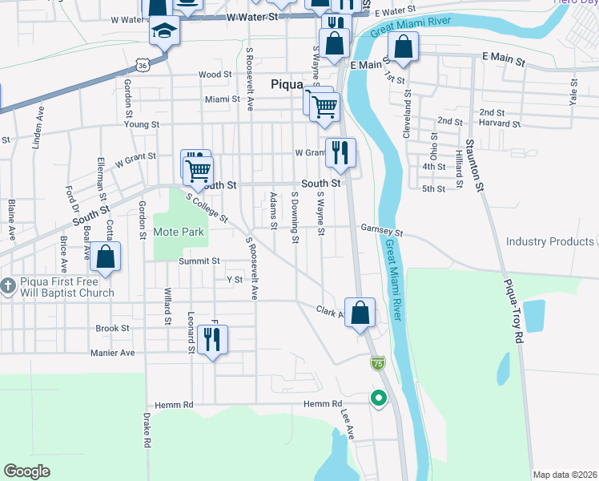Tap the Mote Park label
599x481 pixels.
pyautogui.click(x=179, y=232)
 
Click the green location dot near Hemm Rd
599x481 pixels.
pyautogui.click(x=377, y=396)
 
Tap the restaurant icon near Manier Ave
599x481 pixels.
pyautogui.click(x=212, y=339)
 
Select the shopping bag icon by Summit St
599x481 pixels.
pyautogui.click(x=105, y=257)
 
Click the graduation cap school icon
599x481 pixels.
pyautogui.click(x=164, y=30)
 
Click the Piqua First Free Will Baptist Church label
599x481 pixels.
pyautogui.click(x=59, y=288)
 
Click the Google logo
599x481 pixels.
pyautogui.click(x=27, y=471)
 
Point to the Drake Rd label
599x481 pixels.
pyautogui.click(x=147, y=430)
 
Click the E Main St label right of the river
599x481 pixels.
pyautogui.click(x=503, y=60)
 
